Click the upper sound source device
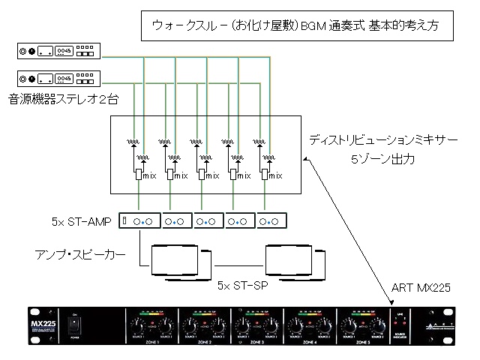59,52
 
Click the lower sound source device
59,77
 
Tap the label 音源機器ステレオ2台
64,98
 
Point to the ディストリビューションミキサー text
383,140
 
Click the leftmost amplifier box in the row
143,221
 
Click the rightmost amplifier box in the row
272,221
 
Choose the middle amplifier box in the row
208,221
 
